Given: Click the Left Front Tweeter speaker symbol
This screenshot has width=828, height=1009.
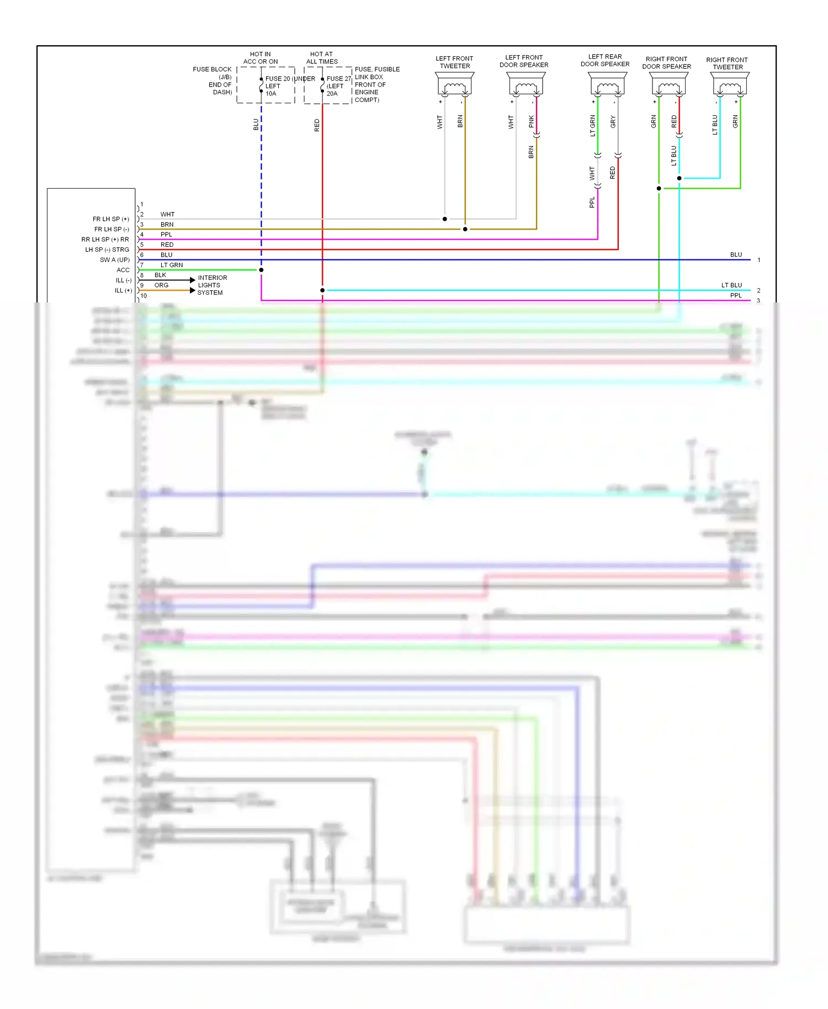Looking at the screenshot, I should [454, 85].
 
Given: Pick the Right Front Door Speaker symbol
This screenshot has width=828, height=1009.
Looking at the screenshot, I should [668, 85].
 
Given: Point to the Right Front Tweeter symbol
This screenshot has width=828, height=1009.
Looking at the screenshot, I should [730, 85].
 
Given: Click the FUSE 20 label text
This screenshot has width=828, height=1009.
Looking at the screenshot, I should [278, 79].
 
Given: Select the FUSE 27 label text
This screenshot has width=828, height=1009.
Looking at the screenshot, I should [338, 79].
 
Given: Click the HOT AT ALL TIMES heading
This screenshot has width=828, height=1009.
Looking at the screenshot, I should [322, 58].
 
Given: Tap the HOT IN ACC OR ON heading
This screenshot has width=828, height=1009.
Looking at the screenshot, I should [261, 58].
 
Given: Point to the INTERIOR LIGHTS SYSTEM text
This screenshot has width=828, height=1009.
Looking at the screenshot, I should [212, 285].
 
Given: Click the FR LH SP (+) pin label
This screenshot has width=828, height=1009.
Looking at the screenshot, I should [111, 219].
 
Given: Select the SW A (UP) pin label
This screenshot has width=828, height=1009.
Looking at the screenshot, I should [115, 260].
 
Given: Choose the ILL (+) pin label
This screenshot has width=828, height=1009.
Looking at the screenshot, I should [123, 290].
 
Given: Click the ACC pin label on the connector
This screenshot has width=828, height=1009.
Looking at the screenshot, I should [123, 270].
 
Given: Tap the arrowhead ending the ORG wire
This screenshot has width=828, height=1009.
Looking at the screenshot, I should [193, 290].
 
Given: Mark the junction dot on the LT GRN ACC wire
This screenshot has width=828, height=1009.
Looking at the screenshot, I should [261, 270].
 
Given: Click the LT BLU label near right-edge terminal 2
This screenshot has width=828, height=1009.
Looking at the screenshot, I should [731, 285].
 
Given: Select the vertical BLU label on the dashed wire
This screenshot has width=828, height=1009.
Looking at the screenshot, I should [256, 124].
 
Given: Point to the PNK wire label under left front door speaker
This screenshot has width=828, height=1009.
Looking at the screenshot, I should [531, 121].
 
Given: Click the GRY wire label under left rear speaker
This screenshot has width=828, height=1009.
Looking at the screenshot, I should [613, 122].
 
